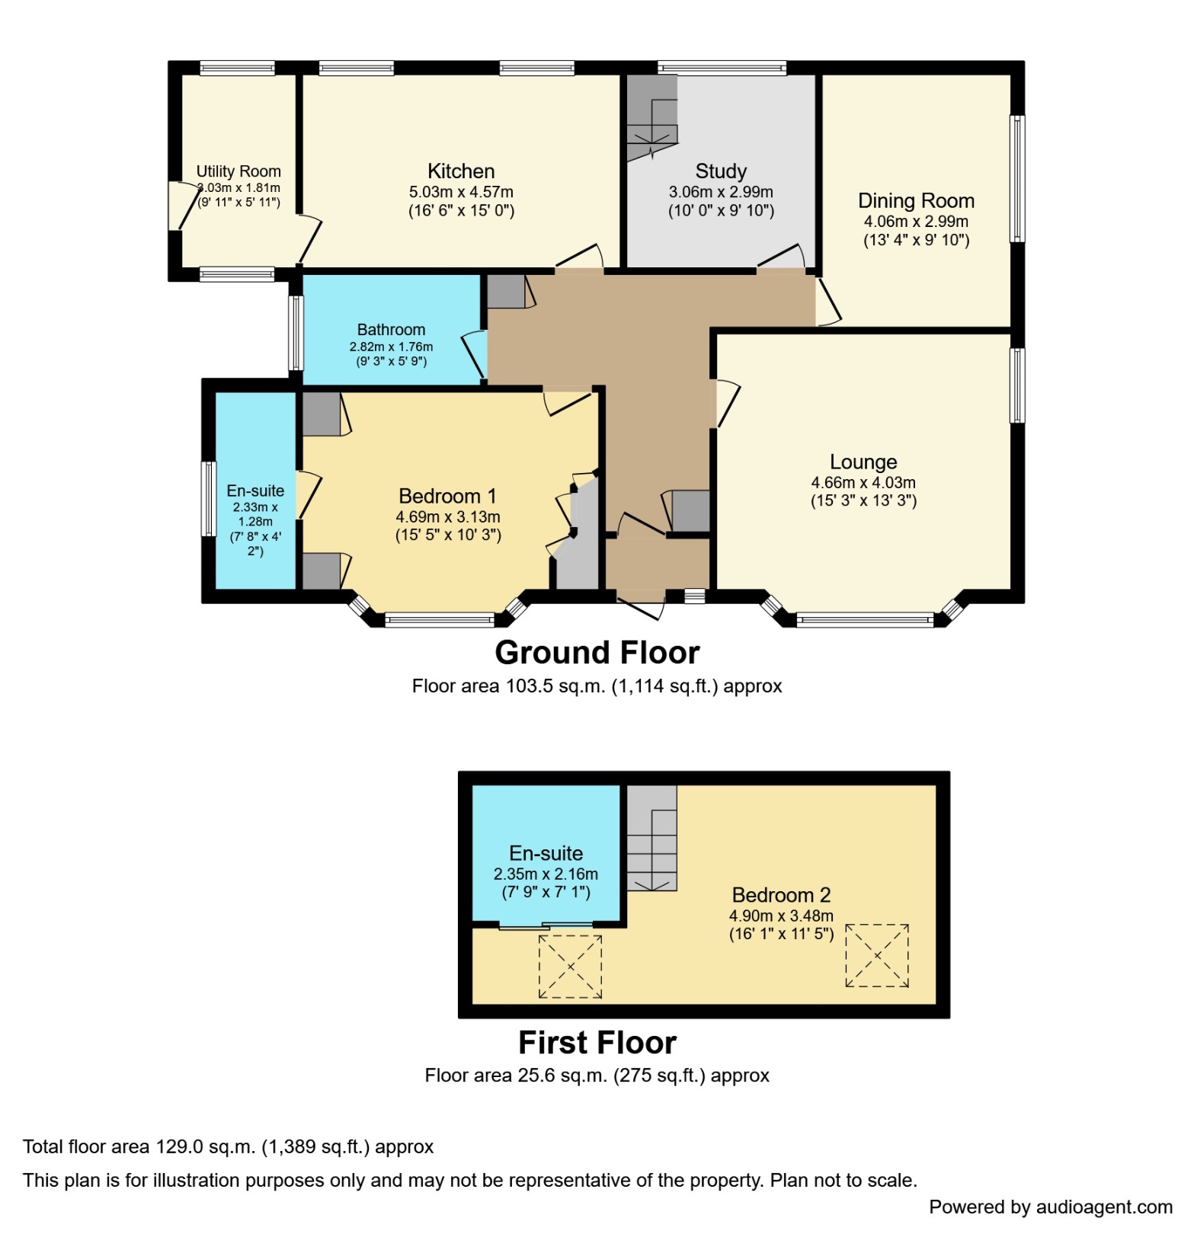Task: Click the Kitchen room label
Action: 461,171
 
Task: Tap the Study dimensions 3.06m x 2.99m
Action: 721,193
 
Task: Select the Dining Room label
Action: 916,201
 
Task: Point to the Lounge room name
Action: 863,462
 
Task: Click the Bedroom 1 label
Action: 447,497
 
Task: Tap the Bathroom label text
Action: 391,330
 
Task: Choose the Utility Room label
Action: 238,171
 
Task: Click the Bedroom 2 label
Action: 781,895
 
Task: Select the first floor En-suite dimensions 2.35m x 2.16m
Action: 546,874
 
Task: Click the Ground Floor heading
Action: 597,654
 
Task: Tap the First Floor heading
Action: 597,1043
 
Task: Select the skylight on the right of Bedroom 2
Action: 877,956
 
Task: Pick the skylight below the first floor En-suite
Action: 570,967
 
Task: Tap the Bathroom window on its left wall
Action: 296,333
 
